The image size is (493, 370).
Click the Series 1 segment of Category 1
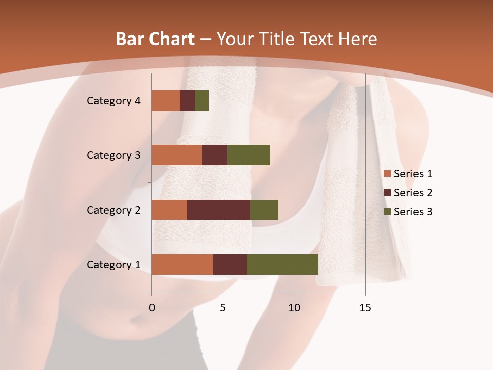coord(182,265)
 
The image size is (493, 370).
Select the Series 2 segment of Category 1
coord(230,265)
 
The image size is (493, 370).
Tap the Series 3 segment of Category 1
coord(282,265)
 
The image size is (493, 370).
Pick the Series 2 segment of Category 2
coord(219,210)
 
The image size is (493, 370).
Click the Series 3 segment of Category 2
coord(264,210)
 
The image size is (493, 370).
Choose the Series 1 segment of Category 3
coord(177,155)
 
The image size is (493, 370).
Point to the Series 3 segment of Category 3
coord(249,155)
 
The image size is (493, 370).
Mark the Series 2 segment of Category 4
coord(187,101)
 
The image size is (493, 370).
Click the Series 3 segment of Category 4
coord(202,101)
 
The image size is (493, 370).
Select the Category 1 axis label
coord(113,265)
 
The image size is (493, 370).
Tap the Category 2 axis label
coord(113,210)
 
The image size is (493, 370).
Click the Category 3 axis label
coord(113,155)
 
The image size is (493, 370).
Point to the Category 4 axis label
coord(113,101)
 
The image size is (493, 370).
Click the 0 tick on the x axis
coord(152,308)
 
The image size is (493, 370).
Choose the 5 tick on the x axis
coord(223,308)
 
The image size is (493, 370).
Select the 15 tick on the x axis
coord(365,308)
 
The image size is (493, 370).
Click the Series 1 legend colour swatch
coord(387,174)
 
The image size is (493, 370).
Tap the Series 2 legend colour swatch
coord(387,193)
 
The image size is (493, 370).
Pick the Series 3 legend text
coord(413,212)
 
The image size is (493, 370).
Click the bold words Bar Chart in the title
coord(155,39)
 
